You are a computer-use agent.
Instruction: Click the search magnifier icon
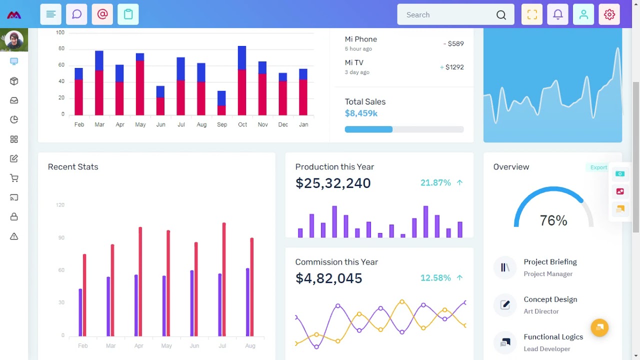501,15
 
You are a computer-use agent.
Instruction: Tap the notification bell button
558,14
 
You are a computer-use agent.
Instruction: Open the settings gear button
609,14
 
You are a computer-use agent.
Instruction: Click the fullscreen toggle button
532,14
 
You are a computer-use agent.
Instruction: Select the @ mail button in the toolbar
102,14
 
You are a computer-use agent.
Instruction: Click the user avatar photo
14,40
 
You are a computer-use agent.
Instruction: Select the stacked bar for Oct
242,80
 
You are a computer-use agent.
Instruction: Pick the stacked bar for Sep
221,103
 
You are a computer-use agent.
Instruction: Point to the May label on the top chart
140,124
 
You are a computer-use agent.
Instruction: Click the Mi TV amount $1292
454,67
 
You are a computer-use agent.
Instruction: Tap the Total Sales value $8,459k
361,113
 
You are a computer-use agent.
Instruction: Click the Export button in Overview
598,167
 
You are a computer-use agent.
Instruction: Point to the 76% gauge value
553,220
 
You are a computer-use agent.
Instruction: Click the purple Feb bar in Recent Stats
80,312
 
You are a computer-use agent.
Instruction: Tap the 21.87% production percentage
435,183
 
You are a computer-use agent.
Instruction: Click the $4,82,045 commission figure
328,278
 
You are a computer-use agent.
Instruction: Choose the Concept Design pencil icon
505,305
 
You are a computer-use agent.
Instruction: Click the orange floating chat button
599,328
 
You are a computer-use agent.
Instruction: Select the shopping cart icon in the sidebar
14,178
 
